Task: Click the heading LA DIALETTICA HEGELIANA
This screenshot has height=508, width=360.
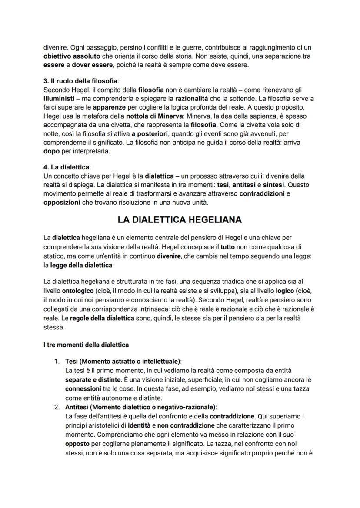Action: click(x=180, y=220)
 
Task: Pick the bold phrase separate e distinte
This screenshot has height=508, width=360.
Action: click(x=92, y=379)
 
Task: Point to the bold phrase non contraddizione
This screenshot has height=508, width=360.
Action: click(x=190, y=425)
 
